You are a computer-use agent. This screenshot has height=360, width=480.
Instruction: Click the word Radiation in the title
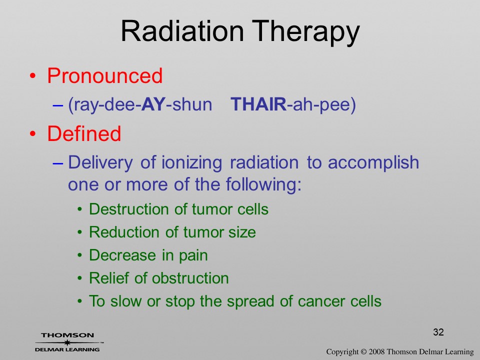182,31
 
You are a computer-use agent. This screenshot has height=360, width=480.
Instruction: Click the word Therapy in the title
306,33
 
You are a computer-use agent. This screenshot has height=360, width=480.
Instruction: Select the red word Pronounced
104,75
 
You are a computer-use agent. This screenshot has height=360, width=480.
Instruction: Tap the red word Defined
84,133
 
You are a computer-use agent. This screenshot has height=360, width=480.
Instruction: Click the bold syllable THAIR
258,104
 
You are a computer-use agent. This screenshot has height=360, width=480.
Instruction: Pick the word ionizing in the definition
192,163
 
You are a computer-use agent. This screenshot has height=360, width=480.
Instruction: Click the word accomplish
373,162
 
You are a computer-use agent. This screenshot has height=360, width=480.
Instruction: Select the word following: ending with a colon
263,185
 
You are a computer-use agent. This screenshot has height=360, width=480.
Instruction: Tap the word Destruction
129,209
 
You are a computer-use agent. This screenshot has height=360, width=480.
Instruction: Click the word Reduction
125,232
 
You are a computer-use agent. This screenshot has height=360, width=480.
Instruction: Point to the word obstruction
190,278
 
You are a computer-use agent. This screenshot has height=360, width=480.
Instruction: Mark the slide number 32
438,332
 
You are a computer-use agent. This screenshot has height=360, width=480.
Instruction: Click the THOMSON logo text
67,335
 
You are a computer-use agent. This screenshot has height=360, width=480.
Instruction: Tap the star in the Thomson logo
67,342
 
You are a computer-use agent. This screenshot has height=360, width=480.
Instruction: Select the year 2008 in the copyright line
376,352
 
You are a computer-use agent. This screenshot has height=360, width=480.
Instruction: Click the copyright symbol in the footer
363,352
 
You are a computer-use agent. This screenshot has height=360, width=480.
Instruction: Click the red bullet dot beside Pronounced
33,76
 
